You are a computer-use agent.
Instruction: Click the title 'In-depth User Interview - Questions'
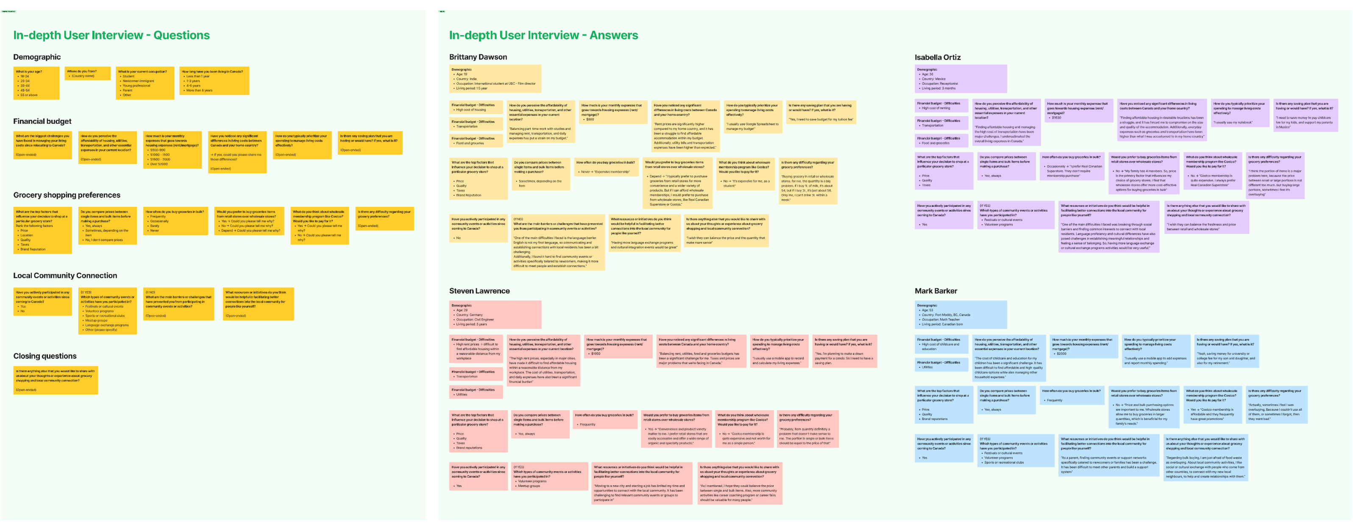click(111, 35)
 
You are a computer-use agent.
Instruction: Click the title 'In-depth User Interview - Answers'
click(543, 35)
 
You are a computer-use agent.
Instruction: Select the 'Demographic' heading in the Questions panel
click(37, 57)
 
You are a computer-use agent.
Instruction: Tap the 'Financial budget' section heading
click(42, 121)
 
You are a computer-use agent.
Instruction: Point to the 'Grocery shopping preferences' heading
click(67, 195)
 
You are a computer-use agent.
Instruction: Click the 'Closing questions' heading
click(45, 356)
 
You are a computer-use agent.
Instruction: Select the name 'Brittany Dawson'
click(478, 57)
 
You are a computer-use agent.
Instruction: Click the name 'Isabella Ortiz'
click(938, 57)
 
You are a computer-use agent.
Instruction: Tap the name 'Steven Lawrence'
click(479, 290)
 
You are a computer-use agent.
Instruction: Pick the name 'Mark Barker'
click(935, 290)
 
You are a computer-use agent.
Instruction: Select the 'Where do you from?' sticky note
click(88, 74)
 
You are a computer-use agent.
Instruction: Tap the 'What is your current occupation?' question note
click(145, 83)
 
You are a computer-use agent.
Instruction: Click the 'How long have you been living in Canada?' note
click(214, 81)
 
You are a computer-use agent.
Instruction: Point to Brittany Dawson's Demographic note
click(495, 79)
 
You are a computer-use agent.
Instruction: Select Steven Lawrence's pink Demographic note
click(495, 314)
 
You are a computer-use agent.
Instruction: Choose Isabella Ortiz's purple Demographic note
click(960, 79)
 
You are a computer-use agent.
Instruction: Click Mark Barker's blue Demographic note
click(960, 314)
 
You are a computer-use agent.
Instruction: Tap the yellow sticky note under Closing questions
click(56, 380)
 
